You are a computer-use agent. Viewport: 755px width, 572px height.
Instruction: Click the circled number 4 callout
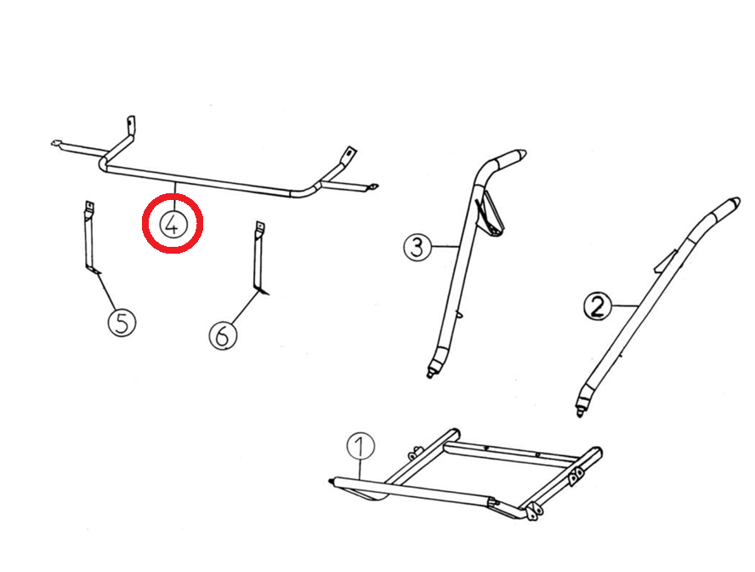click(x=173, y=224)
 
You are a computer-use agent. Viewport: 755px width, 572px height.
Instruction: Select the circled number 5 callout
click(x=122, y=323)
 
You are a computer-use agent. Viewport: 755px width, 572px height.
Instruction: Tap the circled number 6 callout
click(x=223, y=335)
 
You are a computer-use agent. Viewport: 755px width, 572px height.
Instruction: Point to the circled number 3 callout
click(x=417, y=247)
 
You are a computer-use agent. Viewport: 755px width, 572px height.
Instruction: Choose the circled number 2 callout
click(x=597, y=306)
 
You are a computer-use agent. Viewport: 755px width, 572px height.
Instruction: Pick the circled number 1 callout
click(x=360, y=446)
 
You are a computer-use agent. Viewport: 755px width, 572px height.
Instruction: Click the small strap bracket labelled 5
click(x=90, y=238)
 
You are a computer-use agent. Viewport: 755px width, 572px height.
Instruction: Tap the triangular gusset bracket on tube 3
click(x=491, y=214)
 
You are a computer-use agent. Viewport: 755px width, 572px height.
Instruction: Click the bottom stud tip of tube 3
click(x=429, y=375)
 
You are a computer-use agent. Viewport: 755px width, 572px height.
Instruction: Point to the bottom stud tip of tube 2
click(x=579, y=413)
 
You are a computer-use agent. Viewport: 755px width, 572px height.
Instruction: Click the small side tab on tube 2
click(x=665, y=260)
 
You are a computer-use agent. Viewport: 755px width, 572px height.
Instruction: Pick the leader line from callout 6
click(x=244, y=307)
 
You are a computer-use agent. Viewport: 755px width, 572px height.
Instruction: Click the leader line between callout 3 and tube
click(x=445, y=247)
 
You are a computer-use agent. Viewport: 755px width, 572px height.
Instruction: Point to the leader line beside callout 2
click(x=625, y=306)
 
